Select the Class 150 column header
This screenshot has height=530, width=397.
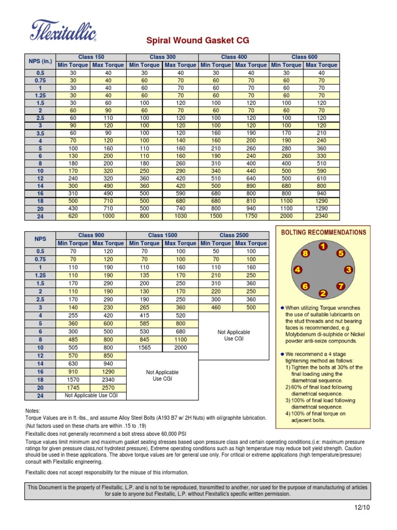[91, 57]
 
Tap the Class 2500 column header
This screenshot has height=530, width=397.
[234, 235]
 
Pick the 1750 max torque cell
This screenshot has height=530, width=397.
[251, 216]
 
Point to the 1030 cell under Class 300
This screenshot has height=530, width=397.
[180, 216]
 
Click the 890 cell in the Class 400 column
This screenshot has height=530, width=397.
[251, 186]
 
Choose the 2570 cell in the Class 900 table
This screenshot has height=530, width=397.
[109, 387]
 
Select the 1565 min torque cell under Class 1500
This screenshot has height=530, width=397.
[144, 348]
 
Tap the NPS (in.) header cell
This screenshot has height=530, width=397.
[40, 61]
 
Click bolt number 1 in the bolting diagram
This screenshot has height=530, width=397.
[323, 247]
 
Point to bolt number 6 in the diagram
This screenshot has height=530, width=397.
[306, 286]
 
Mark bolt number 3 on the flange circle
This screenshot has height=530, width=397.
[348, 270]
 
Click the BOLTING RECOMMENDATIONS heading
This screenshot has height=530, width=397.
[324, 232]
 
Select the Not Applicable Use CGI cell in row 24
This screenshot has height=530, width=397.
[91, 395]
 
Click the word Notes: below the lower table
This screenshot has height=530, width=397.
[33, 410]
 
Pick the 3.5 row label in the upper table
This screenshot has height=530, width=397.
[40, 133]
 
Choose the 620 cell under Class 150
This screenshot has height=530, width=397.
[73, 216]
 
